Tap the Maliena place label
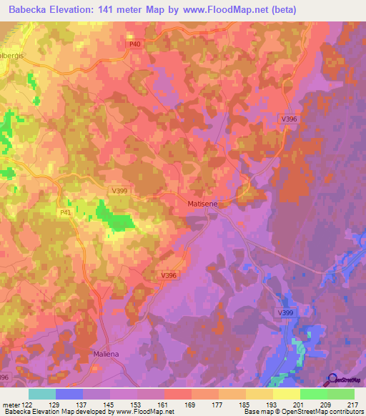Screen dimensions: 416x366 click(x=107, y=353)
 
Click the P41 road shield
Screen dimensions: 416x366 click(x=66, y=212)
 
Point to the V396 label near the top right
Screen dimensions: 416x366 click(x=287, y=119)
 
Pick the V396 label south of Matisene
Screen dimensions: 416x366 click(x=169, y=276)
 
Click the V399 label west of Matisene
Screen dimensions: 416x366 click(x=120, y=191)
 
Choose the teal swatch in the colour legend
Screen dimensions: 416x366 click(x=42, y=394)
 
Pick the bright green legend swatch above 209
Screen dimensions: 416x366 click(x=314, y=394)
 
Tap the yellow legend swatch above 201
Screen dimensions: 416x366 click(x=287, y=394)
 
